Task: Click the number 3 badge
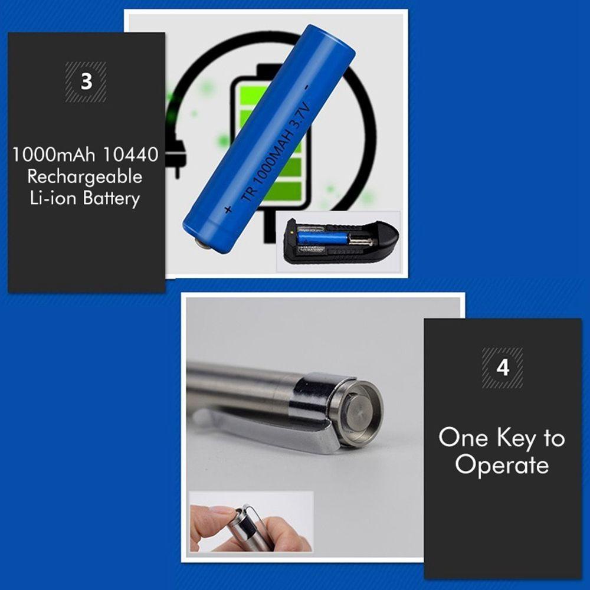click(86, 81)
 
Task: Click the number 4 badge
click(502, 368)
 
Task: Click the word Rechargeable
click(85, 176)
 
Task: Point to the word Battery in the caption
click(111, 198)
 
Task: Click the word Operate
click(501, 465)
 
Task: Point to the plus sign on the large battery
click(228, 209)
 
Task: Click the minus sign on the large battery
click(307, 87)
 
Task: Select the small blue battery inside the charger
click(323, 238)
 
